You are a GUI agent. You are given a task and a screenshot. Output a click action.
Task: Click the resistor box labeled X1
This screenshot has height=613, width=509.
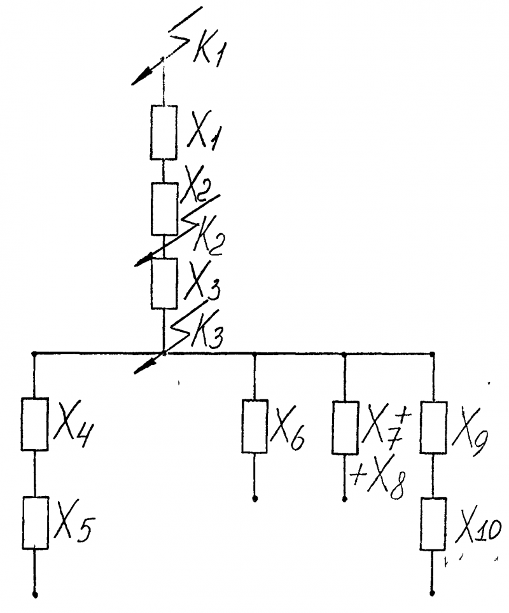pos(164,132)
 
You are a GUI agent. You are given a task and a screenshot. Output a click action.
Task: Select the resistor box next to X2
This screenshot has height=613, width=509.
pos(165,209)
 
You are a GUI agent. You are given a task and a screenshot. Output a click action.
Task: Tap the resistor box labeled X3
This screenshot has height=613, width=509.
pos(164,284)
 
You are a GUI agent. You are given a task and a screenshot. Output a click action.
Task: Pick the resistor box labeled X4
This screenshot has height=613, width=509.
pos(35,424)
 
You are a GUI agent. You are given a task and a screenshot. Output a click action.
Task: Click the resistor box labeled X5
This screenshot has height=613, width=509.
pos(35,523)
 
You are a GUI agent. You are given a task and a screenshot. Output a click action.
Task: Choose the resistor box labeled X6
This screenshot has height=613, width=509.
pos(254,426)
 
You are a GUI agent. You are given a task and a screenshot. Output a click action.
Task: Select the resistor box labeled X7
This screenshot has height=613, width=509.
pos(345,428)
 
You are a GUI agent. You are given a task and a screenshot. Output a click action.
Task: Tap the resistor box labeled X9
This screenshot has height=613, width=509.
pos(433,428)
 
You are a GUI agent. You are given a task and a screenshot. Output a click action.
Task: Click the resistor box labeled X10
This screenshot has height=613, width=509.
pos(433,524)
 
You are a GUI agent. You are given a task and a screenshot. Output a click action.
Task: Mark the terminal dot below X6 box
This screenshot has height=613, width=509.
pos(254,499)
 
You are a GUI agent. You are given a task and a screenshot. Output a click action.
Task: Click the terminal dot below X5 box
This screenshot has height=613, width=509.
pos(35,595)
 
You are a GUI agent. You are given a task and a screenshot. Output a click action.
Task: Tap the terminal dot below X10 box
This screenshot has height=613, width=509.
pos(432,593)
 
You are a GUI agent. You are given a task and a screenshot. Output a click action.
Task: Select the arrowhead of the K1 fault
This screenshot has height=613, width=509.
pos(141,77)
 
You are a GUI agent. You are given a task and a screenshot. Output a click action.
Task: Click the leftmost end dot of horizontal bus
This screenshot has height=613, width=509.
pos(34,354)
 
